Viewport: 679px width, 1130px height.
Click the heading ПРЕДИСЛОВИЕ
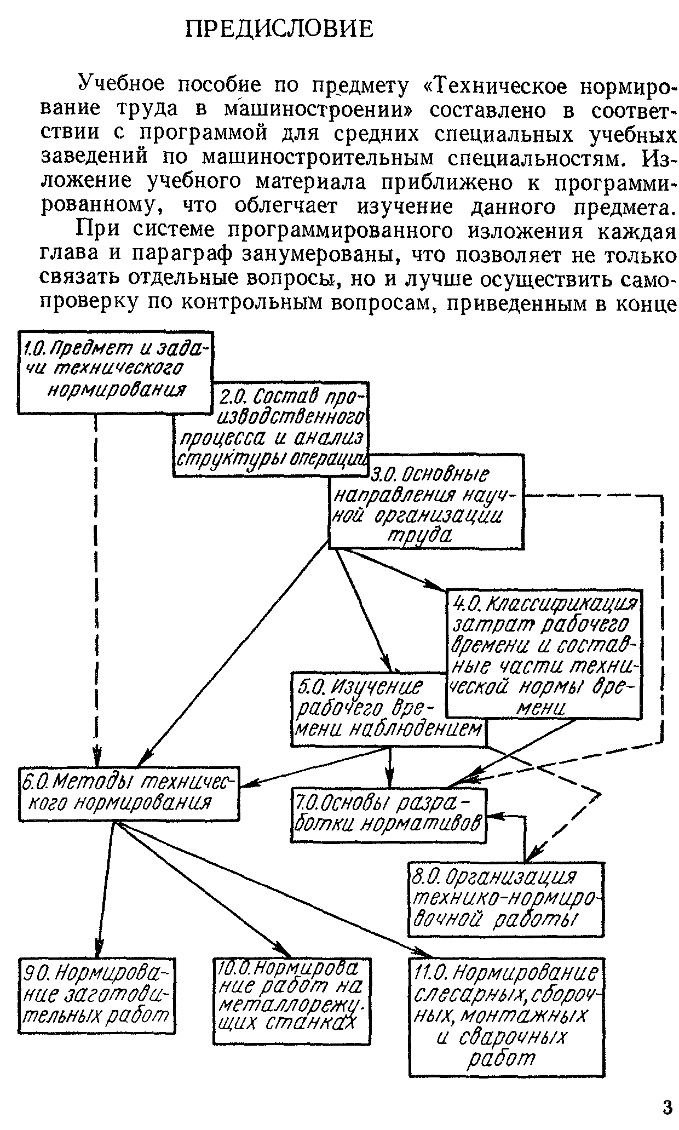(279, 29)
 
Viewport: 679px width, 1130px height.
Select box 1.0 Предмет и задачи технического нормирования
(116, 372)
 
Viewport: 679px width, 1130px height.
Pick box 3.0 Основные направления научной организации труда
(426, 502)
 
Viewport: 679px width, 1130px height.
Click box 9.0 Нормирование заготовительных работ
(97, 995)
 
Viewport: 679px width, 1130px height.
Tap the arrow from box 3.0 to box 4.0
(392, 570)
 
